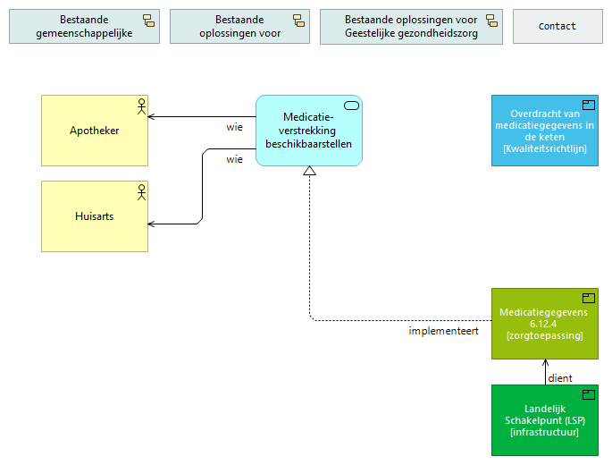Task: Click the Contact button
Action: click(558, 27)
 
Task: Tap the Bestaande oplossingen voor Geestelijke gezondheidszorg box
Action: click(411, 27)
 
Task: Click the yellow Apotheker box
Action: click(95, 131)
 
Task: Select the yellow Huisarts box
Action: click(95, 216)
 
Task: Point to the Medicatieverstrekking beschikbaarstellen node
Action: click(308, 131)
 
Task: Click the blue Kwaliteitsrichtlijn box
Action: click(544, 131)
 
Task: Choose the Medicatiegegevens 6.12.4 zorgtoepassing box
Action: click(544, 324)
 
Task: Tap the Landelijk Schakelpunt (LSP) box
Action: click(544, 420)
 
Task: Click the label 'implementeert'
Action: click(444, 331)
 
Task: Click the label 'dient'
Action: click(560, 377)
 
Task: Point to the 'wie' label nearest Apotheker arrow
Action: click(234, 127)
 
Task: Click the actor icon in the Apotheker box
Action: click(140, 106)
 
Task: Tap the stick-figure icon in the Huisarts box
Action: click(140, 192)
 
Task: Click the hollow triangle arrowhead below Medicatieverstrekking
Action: click(309, 172)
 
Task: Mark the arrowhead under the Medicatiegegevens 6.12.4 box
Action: click(545, 363)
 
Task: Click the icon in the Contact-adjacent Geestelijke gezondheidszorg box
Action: click(491, 21)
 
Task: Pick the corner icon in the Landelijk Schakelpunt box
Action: click(589, 394)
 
